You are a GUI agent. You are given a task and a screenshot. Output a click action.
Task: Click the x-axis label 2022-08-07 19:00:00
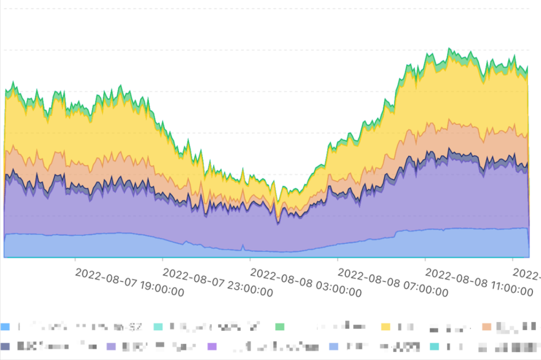[129, 282]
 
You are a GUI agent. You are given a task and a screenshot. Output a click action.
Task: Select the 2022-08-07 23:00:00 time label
[217, 282]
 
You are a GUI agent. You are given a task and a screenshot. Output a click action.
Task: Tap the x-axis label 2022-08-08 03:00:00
[305, 282]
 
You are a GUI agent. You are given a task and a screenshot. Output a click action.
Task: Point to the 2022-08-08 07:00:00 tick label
[393, 282]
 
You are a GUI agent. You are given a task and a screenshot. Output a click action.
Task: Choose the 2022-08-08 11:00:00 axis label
[480, 282]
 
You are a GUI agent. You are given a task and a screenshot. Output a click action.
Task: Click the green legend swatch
[280, 327]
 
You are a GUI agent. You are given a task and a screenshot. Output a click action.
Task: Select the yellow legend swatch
[386, 327]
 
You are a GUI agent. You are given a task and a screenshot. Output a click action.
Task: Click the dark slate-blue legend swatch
[6, 346]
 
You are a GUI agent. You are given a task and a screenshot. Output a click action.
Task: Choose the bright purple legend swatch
[212, 346]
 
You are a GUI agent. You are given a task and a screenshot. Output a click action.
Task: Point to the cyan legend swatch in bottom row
[434, 346]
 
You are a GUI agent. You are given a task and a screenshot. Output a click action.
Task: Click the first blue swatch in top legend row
[6, 327]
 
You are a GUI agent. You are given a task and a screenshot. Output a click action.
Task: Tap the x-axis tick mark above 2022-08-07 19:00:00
[75, 259]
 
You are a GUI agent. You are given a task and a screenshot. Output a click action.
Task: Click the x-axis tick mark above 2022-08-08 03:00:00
[250, 259]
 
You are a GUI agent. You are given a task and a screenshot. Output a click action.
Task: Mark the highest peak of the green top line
[449, 48]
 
